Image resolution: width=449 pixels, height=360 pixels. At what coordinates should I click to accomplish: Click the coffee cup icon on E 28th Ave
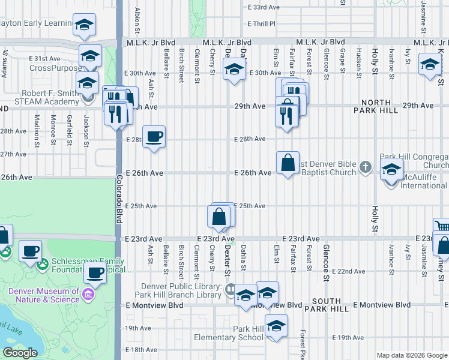click(x=154, y=137)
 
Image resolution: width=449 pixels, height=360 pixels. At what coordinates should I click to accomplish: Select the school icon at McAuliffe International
click(x=391, y=171)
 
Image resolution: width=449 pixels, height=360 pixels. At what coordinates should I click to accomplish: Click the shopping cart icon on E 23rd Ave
click(x=442, y=227)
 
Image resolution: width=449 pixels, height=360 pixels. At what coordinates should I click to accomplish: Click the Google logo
click(x=20, y=353)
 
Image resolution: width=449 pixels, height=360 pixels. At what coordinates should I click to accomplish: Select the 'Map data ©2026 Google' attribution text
click(x=412, y=355)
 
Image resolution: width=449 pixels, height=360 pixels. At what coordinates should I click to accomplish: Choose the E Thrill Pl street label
click(x=261, y=24)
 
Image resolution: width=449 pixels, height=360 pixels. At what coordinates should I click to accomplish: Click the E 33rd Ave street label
click(x=264, y=7)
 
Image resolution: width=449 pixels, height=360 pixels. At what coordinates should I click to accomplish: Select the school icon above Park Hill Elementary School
click(x=276, y=326)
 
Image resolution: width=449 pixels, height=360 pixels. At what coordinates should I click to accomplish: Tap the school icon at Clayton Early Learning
click(x=85, y=25)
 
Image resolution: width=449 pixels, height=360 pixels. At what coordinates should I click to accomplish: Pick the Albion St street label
click(x=137, y=18)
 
